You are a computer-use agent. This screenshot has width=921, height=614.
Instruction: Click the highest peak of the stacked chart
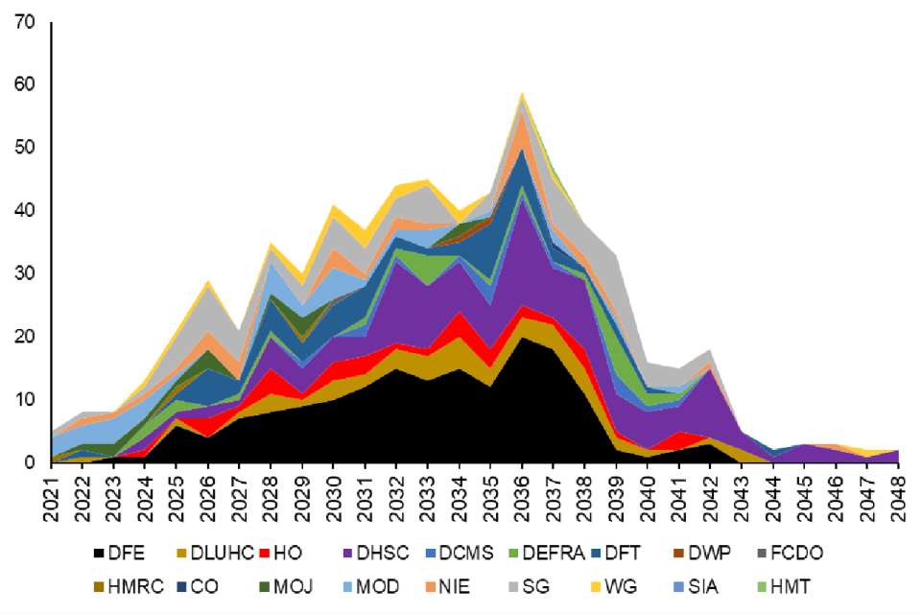point(523,93)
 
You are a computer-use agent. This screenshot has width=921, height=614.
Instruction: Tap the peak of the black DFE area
point(523,337)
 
